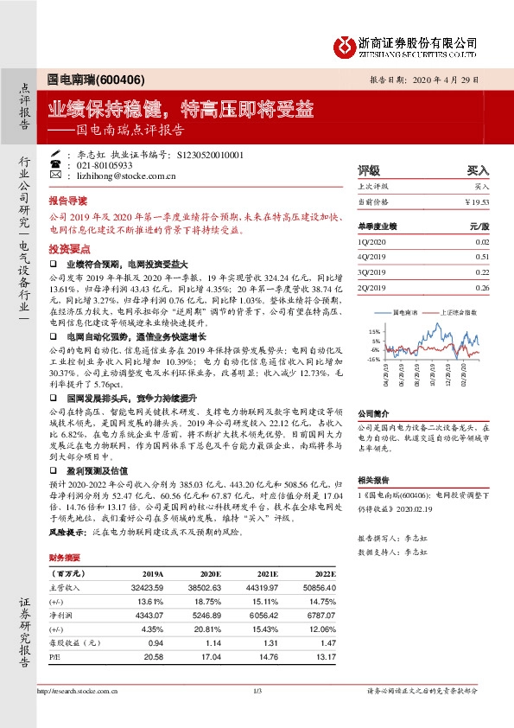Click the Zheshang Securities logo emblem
(x=346, y=43)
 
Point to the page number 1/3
(x=257, y=692)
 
